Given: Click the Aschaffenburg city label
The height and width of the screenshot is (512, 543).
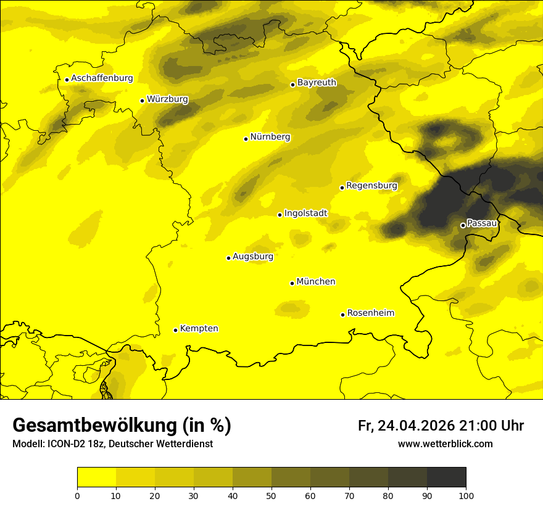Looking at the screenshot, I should pyautogui.click(x=102, y=78).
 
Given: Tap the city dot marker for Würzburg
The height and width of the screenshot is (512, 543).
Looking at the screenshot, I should pyautogui.click(x=142, y=101).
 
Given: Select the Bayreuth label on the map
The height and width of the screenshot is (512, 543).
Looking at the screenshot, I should pyautogui.click(x=317, y=82).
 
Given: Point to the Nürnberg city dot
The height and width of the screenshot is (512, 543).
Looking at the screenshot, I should pyautogui.click(x=246, y=139).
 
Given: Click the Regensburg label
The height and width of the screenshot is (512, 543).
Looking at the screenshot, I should pyautogui.click(x=371, y=185).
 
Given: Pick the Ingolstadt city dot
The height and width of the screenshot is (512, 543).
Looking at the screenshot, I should pyautogui.click(x=280, y=215).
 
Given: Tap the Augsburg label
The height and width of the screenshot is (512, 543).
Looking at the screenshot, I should pyautogui.click(x=253, y=256).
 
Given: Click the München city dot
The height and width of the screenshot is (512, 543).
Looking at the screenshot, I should pyautogui.click(x=292, y=283).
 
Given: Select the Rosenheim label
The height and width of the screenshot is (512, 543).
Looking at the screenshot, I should pyautogui.click(x=370, y=313).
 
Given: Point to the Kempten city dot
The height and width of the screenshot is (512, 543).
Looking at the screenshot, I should pyautogui.click(x=175, y=330).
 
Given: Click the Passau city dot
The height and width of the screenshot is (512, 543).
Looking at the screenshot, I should pyautogui.click(x=463, y=225).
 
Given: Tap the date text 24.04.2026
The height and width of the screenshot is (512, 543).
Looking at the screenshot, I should pyautogui.click(x=416, y=426).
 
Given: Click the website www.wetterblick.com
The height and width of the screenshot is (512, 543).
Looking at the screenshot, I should pyautogui.click(x=445, y=444).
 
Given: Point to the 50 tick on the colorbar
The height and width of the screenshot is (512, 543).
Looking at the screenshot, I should pyautogui.click(x=271, y=495).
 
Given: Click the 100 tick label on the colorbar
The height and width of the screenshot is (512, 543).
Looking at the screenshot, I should pyautogui.click(x=466, y=495).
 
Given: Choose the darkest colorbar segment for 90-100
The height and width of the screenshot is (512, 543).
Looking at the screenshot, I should pyautogui.click(x=446, y=477).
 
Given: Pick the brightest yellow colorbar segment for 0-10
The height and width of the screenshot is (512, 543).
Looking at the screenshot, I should pyautogui.click(x=96, y=477).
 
